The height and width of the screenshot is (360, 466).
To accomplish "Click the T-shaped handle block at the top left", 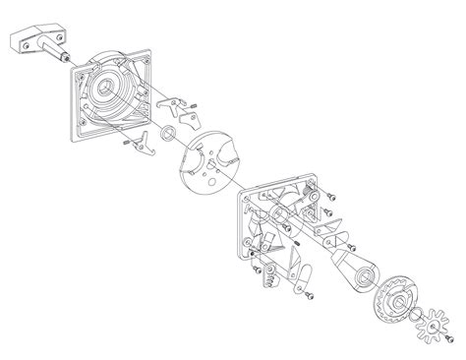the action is point(34,41).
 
